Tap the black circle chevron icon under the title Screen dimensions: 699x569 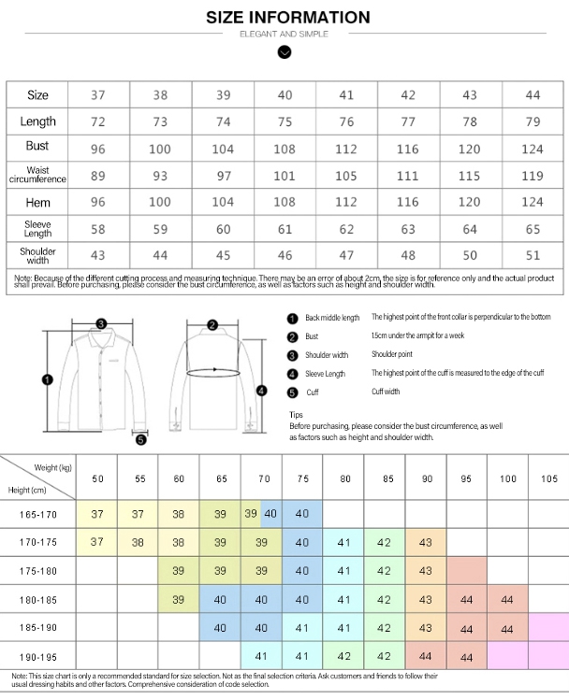pos(284,53)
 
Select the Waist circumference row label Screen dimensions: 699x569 pos(37,176)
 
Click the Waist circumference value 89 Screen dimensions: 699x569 pos(98,176)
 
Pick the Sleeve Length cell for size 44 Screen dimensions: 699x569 pos(533,228)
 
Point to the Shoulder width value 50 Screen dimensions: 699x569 pos(470,254)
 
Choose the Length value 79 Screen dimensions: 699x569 pos(533,121)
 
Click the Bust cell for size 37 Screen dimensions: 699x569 pos(98,149)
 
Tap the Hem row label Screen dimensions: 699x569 pos(37,202)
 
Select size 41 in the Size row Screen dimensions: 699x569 pos(346,95)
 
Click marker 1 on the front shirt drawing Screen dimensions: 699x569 pos(48,378)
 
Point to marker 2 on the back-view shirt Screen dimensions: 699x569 pos(212,324)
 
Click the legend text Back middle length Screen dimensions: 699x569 pos(332,318)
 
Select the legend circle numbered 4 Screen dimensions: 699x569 pos(292,374)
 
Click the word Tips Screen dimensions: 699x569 pos(296,414)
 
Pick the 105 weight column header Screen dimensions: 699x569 pos(549,479)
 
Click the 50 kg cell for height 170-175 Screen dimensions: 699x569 pos(97,542)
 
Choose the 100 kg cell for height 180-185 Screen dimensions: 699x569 pos(507,599)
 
